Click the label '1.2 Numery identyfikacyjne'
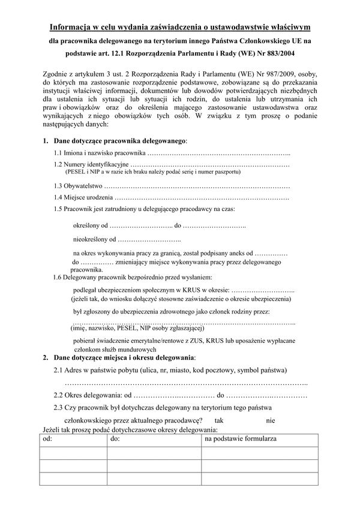[91, 164]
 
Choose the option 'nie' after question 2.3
[271, 420]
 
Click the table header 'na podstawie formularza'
[240, 439]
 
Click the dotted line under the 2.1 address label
[186, 383]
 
